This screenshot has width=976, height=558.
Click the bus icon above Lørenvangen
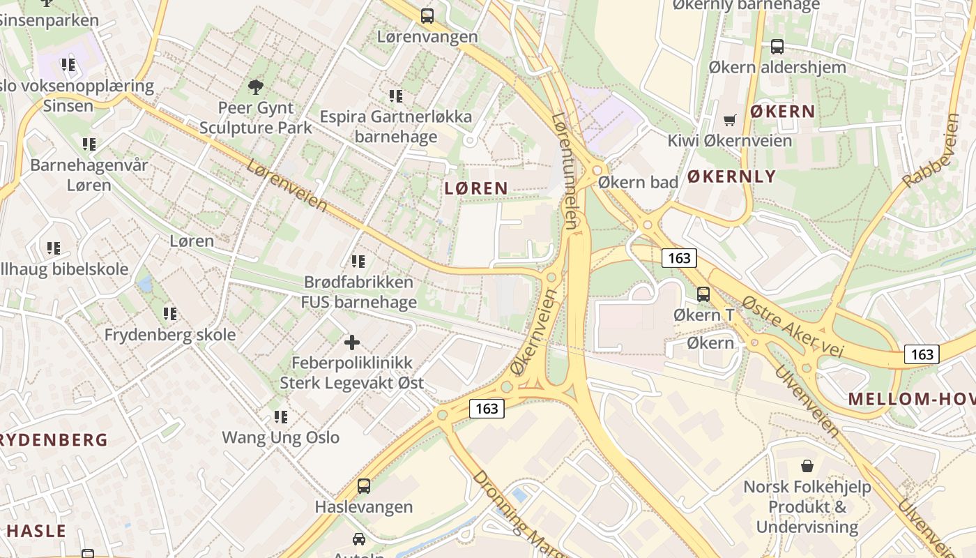pos(427,15)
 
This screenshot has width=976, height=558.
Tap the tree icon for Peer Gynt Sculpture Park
pos(256,87)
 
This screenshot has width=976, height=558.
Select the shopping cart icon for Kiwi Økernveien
pos(729,120)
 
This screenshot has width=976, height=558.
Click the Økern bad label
pos(638,182)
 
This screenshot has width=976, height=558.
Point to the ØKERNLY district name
pos(731,176)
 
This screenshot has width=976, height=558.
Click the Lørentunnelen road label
pos(565,171)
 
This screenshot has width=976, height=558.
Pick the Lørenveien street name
pos(286,185)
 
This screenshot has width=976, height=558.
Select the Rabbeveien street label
pos(931,151)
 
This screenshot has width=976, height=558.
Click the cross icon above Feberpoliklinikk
pos(352,342)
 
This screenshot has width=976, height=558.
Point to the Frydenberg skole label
pos(170,335)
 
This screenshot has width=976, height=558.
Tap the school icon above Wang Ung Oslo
pos(280,417)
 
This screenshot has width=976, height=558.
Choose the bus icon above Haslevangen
pos(364,486)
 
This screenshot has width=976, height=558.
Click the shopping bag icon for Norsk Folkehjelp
pos(807,465)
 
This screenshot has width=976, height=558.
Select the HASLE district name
pos(36,530)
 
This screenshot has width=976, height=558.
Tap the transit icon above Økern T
pos(703,294)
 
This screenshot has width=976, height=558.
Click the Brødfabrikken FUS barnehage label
pos(359,292)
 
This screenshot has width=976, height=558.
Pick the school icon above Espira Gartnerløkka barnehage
pos(396,96)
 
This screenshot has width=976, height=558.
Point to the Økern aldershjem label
pos(777,68)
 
